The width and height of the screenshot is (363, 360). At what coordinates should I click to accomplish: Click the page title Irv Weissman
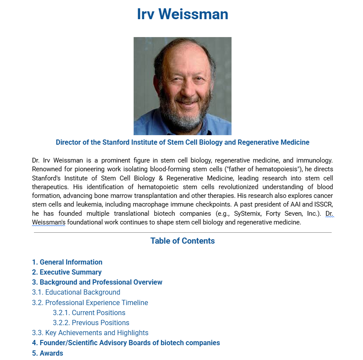pyautogui.click(x=182, y=14)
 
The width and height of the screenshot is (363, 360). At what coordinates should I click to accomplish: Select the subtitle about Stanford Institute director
pyautogui.click(x=182, y=143)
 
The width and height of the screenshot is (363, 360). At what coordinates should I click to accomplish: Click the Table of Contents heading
pyautogui.click(x=182, y=241)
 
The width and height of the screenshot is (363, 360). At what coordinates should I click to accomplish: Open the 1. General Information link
pyautogui.click(x=67, y=262)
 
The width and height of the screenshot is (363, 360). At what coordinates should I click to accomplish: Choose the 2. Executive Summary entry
pyautogui.click(x=67, y=272)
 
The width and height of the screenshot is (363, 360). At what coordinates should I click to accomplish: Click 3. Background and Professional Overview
pyautogui.click(x=97, y=282)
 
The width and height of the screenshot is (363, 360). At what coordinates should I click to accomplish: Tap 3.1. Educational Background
pyautogui.click(x=76, y=292)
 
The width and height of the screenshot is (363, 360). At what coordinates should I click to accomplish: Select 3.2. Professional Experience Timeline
pyautogui.click(x=90, y=302)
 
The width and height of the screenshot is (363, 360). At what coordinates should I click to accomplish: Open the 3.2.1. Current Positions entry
pyautogui.click(x=89, y=312)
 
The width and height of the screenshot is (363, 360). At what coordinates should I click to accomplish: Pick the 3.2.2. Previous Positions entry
pyautogui.click(x=91, y=323)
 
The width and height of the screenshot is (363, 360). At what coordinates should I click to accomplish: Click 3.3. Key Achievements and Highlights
pyautogui.click(x=90, y=333)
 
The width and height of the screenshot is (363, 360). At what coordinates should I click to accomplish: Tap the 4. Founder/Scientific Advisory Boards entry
pyautogui.click(x=126, y=343)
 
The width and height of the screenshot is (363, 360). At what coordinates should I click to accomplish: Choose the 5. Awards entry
pyautogui.click(x=47, y=353)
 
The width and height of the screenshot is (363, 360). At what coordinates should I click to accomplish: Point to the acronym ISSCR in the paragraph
pyautogui.click(x=323, y=205)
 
